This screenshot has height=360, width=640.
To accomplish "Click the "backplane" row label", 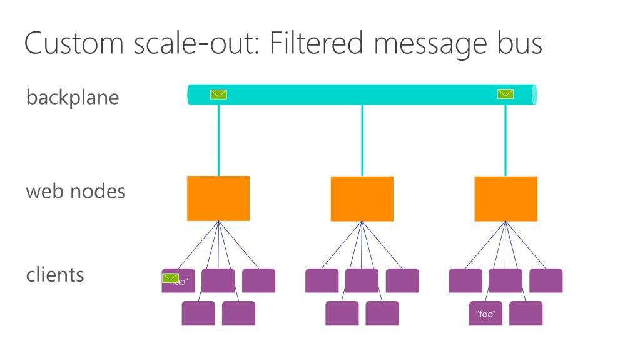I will pos(73,98).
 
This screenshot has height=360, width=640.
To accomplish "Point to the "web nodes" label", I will pos(76,191).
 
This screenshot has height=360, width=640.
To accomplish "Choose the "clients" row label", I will pos(55,274).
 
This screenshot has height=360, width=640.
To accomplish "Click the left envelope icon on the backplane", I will pos(218,95).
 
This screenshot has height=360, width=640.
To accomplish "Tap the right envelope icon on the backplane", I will pos(505,94).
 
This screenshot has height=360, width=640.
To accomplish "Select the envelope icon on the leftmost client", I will pos(170,278).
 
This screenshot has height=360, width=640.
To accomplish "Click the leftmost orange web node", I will pos(218,198).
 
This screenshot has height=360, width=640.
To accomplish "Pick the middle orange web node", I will pos(362,198).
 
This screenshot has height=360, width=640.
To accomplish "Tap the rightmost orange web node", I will pos(505,198).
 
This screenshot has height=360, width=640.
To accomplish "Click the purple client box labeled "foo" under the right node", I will pos(485,313).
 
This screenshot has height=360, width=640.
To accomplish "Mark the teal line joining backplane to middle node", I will pos(362,141).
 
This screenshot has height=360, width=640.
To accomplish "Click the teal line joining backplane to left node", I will pos(218,141).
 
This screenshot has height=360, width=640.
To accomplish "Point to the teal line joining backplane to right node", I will pos(505,141).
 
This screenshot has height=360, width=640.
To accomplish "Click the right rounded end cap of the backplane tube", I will pos(534,95).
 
